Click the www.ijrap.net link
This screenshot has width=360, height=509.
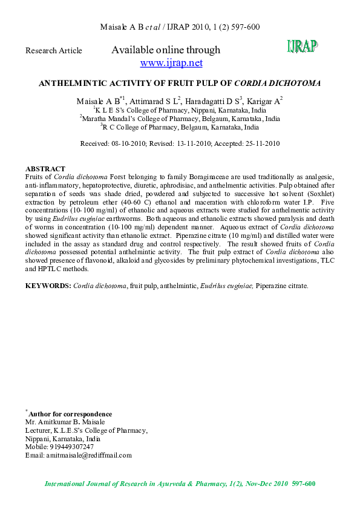pos(171,63)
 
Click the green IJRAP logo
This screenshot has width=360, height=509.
pos(302,46)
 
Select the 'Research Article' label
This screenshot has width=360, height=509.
pos(53,51)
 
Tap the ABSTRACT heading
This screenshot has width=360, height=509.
pos(45,168)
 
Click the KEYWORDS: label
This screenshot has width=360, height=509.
pos(48,285)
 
